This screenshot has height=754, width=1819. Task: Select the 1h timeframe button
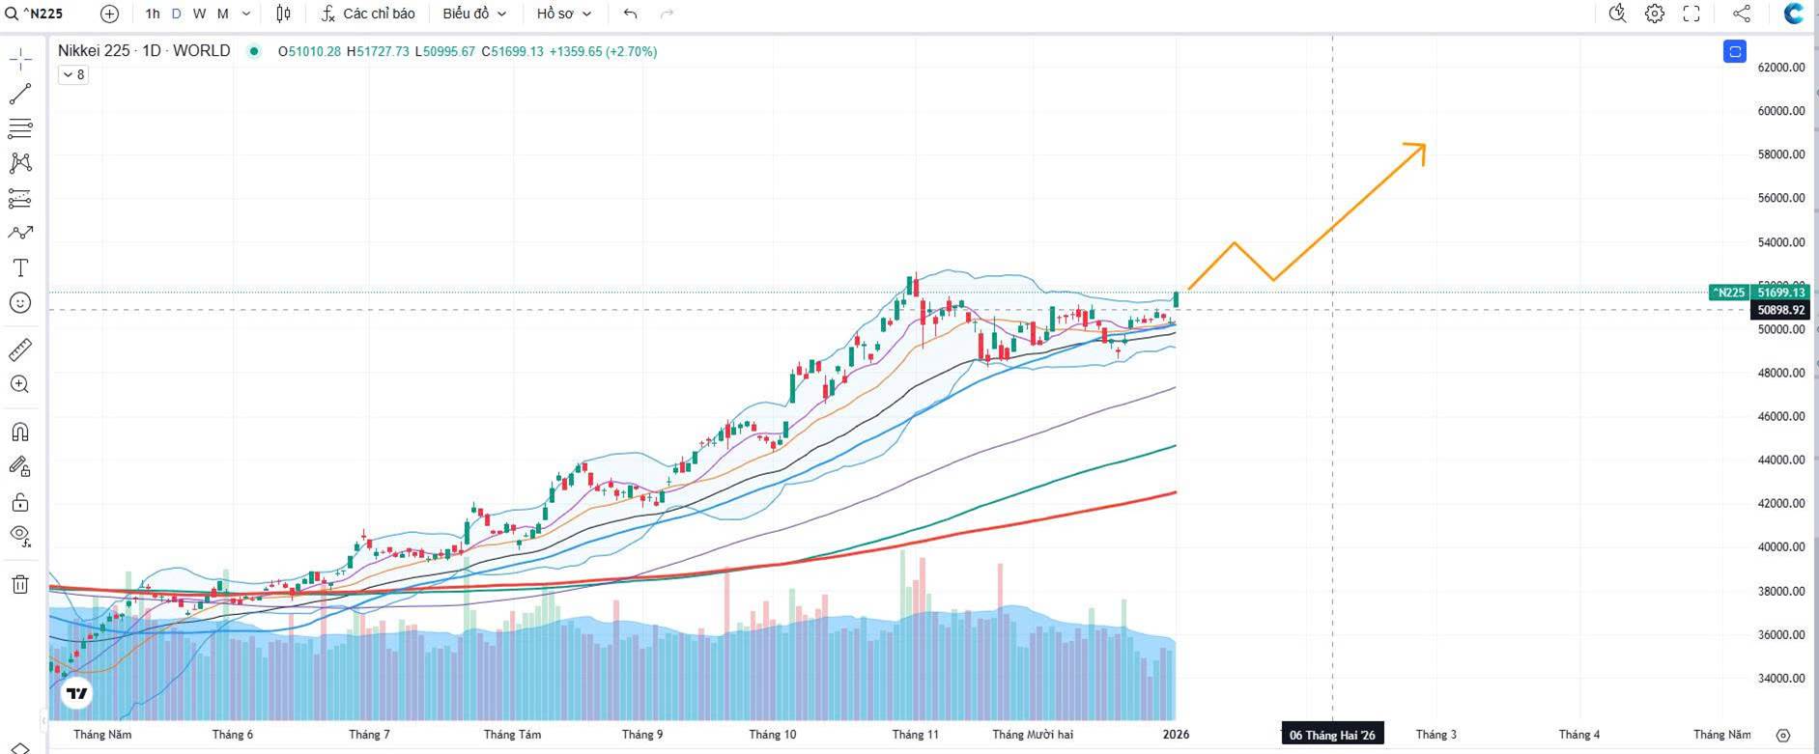coord(153,14)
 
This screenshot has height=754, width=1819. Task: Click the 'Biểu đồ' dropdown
coord(473,14)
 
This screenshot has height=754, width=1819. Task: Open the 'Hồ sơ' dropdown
coord(563,14)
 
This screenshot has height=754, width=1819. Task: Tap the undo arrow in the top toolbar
coord(631,14)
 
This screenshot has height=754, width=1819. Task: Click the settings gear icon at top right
coord(1655,14)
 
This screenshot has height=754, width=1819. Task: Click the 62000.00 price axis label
coord(1780,68)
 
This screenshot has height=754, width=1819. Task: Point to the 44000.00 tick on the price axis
coord(1780,460)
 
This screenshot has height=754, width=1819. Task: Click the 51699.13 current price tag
coord(1780,293)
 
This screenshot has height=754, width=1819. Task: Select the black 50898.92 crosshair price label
coord(1780,310)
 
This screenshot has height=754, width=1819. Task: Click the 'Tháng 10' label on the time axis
coord(773,735)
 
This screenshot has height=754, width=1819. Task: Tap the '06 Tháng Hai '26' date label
coord(1332,735)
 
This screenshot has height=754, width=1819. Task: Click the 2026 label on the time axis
coord(1176,735)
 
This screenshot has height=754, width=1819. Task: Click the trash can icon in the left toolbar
coord(20,584)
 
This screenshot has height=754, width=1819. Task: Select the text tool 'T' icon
coord(20,267)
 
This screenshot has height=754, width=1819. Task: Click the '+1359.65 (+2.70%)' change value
coord(603,51)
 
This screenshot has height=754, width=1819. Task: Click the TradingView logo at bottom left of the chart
coord(77,693)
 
